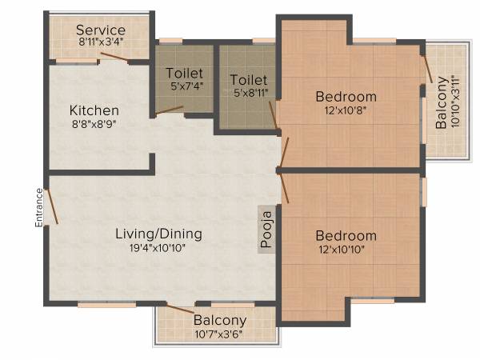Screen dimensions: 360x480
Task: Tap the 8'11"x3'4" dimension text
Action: tap(101, 41)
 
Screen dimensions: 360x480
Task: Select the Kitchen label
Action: tap(94, 110)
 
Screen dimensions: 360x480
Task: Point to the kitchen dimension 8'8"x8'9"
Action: tap(94, 124)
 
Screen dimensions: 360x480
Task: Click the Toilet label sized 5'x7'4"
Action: tap(184, 73)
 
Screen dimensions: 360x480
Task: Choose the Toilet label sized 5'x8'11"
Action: tap(248, 80)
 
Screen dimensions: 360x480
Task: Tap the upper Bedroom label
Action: tap(346, 97)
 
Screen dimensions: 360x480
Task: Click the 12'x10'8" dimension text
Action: tap(346, 112)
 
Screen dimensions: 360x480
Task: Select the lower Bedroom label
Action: tap(346, 236)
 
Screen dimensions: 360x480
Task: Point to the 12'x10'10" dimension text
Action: tap(346, 251)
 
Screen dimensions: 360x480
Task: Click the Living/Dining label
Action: tap(158, 234)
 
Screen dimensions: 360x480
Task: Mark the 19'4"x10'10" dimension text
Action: tap(158, 249)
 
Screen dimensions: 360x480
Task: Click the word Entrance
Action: tap(38, 207)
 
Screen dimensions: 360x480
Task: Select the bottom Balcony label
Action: tap(219, 320)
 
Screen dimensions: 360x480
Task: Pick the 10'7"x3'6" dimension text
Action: tap(219, 334)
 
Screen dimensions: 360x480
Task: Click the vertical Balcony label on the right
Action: tap(442, 102)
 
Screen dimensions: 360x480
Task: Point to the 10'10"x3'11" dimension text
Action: tap(456, 102)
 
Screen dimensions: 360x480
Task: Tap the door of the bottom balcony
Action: tap(179, 307)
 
